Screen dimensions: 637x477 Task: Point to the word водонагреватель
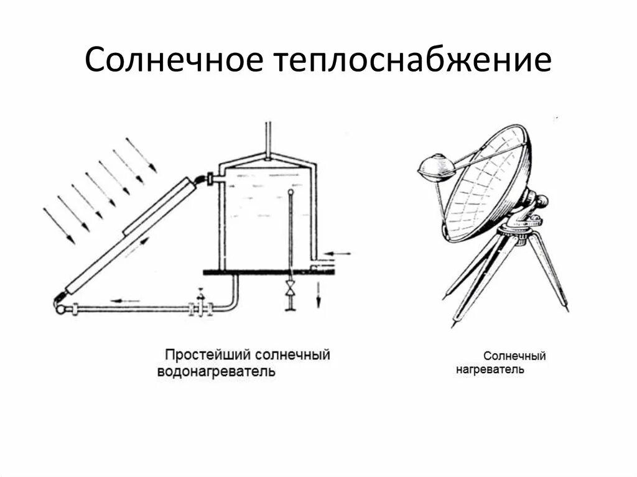click(x=215, y=372)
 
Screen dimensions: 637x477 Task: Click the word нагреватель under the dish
click(x=490, y=369)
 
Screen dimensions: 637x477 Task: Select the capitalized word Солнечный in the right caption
click(x=514, y=356)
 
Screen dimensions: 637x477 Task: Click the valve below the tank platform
click(x=290, y=289)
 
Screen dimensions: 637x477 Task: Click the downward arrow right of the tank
click(x=318, y=293)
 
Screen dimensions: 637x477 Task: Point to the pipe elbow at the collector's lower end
click(x=61, y=304)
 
